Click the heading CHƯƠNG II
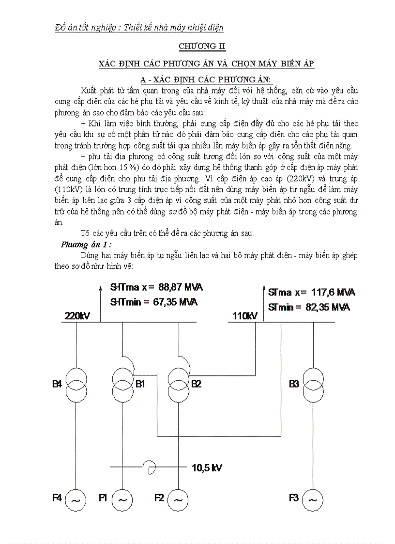[x=202, y=46]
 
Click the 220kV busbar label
[x=76, y=316]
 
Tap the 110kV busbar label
[x=244, y=316]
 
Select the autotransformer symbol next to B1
[x=122, y=382]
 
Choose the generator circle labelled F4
[x=76, y=498]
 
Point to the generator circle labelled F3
[x=313, y=498]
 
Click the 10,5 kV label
[x=207, y=468]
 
